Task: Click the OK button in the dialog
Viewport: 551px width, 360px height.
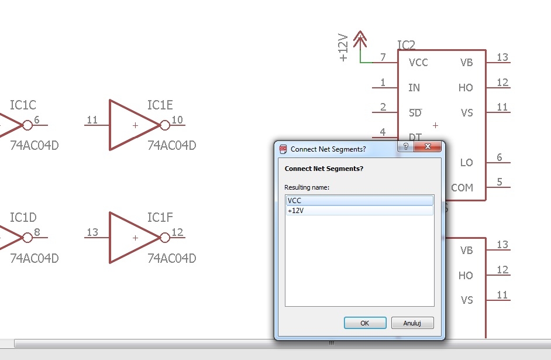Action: tap(365, 323)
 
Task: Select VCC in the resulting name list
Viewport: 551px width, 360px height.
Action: tap(360, 200)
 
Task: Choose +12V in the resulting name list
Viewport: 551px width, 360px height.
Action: tap(360, 211)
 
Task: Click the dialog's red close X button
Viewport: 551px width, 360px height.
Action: tap(428, 146)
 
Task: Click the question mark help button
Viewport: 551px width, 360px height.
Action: tap(406, 146)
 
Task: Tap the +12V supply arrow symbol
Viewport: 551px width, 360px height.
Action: tap(360, 39)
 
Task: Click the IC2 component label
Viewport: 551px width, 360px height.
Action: tap(406, 45)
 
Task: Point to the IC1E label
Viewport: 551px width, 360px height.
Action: tap(160, 105)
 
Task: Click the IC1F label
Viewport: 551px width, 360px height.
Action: tap(160, 217)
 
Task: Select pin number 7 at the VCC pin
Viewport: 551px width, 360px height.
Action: tap(383, 57)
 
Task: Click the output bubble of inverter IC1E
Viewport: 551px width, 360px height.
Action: tap(165, 125)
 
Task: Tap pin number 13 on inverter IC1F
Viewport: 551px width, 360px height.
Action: tap(92, 232)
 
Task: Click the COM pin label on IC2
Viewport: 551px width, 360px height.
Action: tap(462, 188)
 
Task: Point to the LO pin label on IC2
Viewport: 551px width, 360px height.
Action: tap(466, 162)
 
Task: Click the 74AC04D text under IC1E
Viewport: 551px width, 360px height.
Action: tap(172, 145)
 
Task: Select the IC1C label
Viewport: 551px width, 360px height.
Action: tap(23, 105)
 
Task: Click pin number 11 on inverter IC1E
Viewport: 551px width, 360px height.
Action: tap(92, 120)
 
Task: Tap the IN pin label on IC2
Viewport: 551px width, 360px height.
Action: tap(414, 88)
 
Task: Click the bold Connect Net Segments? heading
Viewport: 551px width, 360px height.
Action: tap(324, 169)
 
